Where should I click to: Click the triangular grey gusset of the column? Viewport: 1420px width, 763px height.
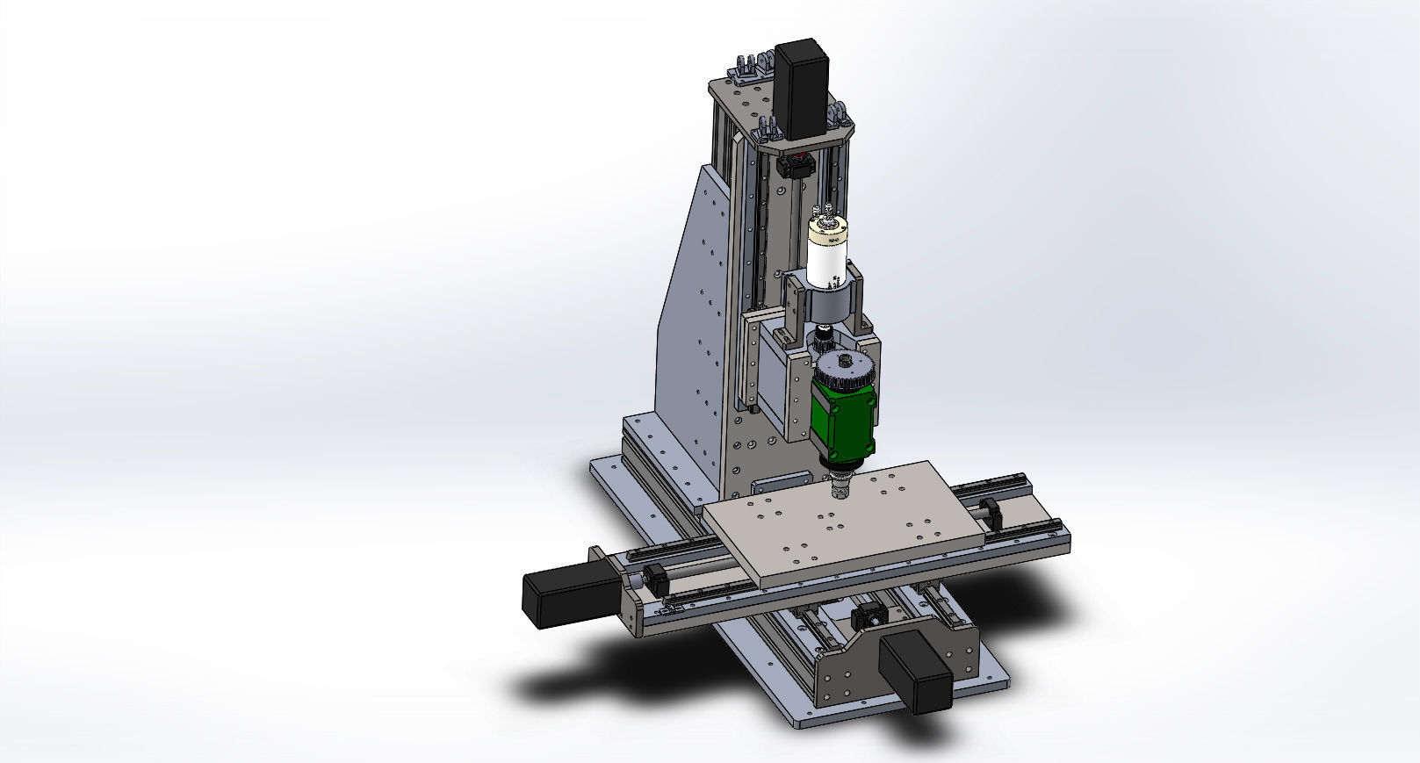[x=694, y=307]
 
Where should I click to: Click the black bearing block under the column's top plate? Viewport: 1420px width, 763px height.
[x=797, y=164]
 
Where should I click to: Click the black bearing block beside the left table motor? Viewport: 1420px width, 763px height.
[x=653, y=577]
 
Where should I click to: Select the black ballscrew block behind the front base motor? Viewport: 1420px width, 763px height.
[x=867, y=614]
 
